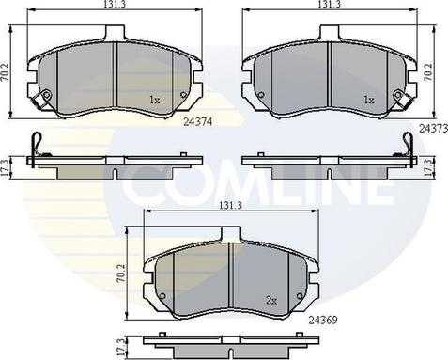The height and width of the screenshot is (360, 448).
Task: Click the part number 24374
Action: tap(198, 122)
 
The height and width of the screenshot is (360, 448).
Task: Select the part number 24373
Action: tap(434, 128)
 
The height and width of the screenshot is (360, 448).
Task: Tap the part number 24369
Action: tap(323, 320)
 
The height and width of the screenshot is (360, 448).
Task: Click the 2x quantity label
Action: tap(271, 301)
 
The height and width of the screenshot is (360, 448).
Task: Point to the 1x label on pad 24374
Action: tap(155, 100)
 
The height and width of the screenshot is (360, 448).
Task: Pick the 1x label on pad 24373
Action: tap(369, 100)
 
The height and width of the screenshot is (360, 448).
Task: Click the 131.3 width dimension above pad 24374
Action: tap(114, 4)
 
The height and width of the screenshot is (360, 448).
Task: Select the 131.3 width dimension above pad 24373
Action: tap(329, 4)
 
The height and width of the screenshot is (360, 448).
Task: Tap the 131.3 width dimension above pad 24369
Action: tap(230, 206)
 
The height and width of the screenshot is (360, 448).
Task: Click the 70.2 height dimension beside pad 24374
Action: tap(5, 73)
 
